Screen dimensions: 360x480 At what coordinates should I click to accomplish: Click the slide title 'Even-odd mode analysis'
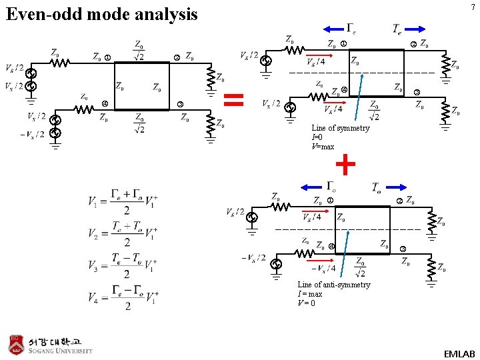click(x=102, y=14)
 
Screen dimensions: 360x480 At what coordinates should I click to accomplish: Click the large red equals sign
click(x=233, y=100)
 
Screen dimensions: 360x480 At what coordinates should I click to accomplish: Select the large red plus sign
click(x=345, y=163)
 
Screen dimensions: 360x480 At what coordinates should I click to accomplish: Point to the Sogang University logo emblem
click(x=16, y=343)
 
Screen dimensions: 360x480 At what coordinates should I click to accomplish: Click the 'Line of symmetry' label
click(x=340, y=128)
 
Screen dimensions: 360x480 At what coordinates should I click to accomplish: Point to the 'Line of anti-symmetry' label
click(x=333, y=285)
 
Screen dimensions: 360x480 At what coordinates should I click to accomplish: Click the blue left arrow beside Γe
click(x=331, y=28)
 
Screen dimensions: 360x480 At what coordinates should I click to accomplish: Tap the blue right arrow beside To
click(x=396, y=187)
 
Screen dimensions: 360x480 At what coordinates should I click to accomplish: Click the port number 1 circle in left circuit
click(x=108, y=57)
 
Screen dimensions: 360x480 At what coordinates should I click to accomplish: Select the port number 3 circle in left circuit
click(x=180, y=103)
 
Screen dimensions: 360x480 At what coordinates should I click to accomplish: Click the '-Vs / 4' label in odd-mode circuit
click(x=323, y=268)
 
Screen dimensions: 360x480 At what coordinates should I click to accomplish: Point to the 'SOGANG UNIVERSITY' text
click(x=60, y=351)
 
